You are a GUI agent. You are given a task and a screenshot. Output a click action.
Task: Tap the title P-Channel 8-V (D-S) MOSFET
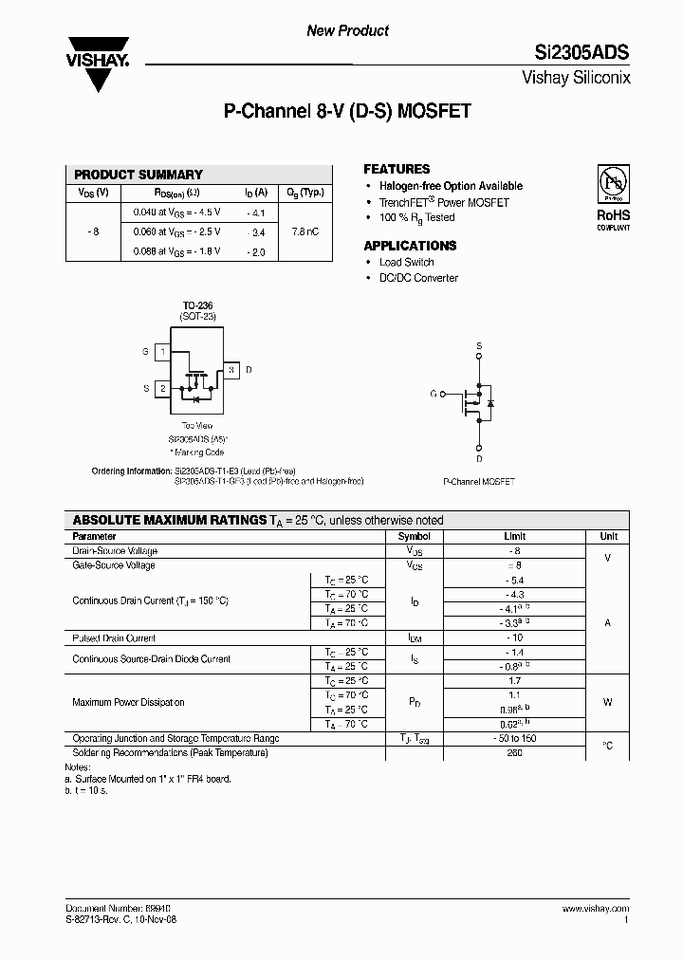[x=347, y=111]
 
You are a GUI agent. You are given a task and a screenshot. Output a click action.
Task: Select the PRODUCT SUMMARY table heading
[x=138, y=175]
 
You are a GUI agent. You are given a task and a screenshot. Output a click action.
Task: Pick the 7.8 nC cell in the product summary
[x=305, y=231]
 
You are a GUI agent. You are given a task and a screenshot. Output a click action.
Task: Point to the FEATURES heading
[x=397, y=169]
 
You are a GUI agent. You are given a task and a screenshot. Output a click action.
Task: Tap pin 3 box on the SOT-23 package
[x=231, y=369]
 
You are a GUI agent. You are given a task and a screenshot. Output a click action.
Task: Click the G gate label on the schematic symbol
[x=434, y=393]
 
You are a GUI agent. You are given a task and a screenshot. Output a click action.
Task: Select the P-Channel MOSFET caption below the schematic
[x=479, y=482]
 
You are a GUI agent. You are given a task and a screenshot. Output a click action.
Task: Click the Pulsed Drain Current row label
[x=114, y=638]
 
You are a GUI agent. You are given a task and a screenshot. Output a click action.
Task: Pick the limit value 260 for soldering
[x=515, y=752]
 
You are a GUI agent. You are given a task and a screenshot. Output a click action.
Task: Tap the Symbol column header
[x=414, y=536]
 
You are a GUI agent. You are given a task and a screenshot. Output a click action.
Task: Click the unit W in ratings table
[x=607, y=703]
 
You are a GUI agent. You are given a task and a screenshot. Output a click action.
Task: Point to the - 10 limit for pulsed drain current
[x=515, y=638]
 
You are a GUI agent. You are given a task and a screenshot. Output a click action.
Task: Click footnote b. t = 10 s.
[x=86, y=789]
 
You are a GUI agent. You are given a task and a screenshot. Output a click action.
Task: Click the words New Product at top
[x=347, y=30]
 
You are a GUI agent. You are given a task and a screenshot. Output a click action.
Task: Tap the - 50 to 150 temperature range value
[x=515, y=738]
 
